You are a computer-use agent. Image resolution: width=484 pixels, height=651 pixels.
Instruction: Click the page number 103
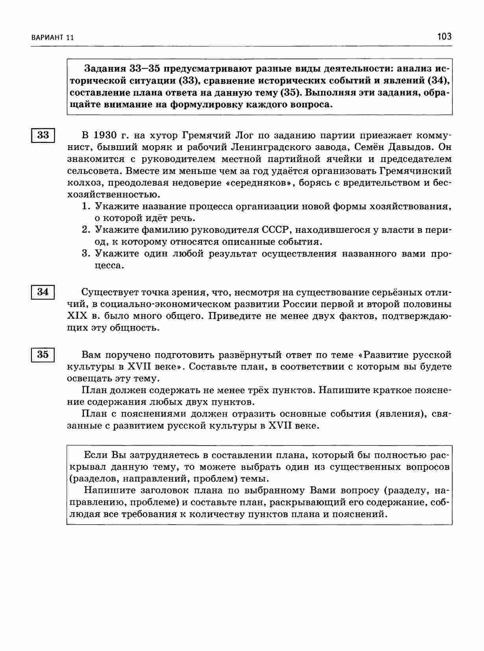tap(444, 37)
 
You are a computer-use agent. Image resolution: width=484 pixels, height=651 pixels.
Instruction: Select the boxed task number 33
tap(43, 135)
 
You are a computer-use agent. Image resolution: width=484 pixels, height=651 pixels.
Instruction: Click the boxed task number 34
tap(43, 292)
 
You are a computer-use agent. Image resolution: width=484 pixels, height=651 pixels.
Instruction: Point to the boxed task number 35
tap(43, 354)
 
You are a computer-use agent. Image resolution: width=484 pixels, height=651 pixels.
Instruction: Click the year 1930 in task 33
tap(106, 136)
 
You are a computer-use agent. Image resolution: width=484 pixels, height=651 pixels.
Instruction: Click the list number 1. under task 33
tap(86, 206)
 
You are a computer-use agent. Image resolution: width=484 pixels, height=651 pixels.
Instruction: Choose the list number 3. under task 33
tap(86, 253)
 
